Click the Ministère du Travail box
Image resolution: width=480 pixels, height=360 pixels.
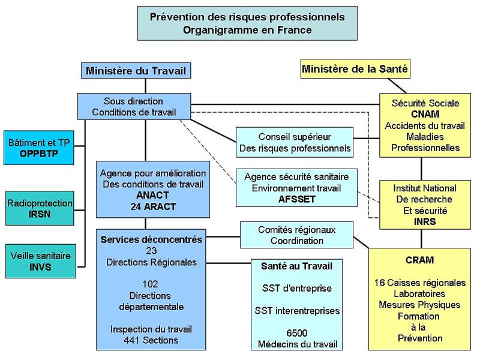tap(136, 71)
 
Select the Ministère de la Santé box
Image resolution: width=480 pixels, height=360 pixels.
tap(355, 69)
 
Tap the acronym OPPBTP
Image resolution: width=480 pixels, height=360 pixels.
tap(39, 154)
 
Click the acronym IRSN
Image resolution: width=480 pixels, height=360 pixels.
tap(40, 214)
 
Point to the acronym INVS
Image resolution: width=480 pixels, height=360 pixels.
tap(40, 267)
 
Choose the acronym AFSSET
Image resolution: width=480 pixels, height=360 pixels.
tap(296, 199)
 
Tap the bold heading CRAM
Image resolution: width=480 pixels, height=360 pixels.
tap(420, 260)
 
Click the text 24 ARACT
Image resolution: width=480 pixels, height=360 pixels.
tap(153, 206)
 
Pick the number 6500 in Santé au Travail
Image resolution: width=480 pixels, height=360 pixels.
tap(296, 332)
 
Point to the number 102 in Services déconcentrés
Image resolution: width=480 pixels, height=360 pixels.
tap(150, 284)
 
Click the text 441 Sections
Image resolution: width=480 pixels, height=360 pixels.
tap(151, 340)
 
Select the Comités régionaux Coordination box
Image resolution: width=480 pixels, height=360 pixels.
tap(296, 235)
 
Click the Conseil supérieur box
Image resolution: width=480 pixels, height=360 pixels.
tap(295, 143)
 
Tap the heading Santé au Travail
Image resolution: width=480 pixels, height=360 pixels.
tap(296, 265)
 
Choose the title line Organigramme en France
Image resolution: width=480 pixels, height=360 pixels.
tap(247, 30)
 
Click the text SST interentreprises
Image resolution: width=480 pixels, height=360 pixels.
tap(296, 311)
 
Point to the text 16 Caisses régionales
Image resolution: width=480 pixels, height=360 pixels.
tap(420, 283)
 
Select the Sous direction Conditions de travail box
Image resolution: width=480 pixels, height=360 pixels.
tap(133, 107)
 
